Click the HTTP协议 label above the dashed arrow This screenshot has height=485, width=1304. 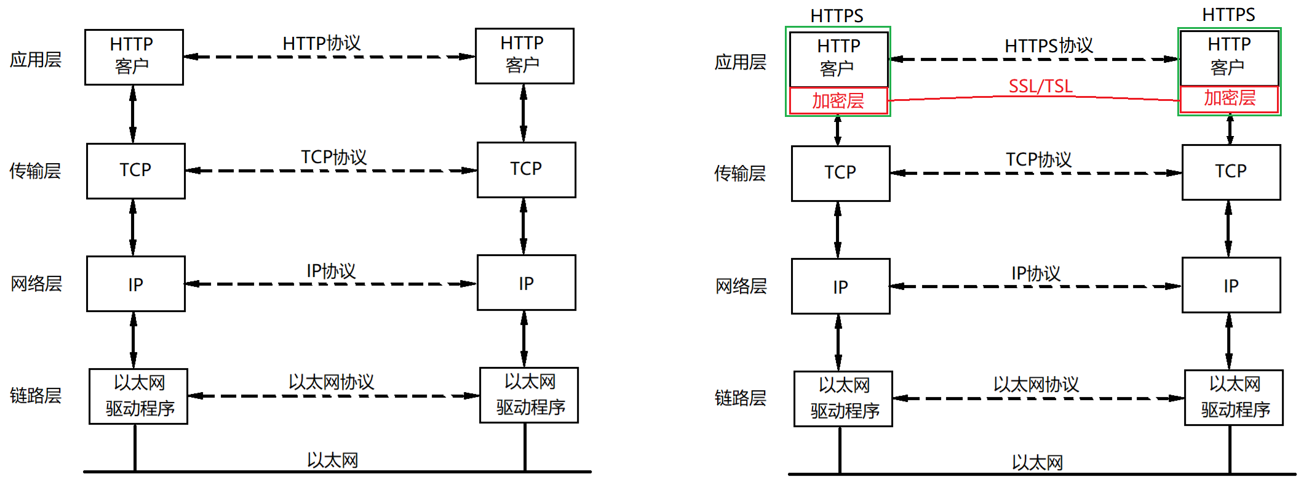click(x=322, y=43)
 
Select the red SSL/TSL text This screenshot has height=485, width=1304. click(x=1040, y=86)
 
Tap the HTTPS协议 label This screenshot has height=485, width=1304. click(x=1049, y=46)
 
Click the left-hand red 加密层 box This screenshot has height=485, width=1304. click(x=838, y=101)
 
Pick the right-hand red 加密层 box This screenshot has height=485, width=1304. click(x=1230, y=98)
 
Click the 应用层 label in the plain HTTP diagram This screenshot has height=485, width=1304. click(x=36, y=60)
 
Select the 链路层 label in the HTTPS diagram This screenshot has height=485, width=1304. click(x=741, y=398)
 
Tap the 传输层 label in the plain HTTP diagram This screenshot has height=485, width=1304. click(x=36, y=171)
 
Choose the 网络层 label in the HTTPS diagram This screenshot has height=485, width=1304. click(x=741, y=286)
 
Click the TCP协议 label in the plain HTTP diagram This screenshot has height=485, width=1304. click(x=333, y=158)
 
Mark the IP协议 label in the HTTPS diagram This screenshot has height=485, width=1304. click(x=1036, y=273)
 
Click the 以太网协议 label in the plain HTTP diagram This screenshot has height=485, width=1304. click(x=331, y=382)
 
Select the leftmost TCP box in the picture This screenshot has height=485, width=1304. click(x=135, y=170)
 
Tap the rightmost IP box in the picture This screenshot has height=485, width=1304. click(x=1231, y=286)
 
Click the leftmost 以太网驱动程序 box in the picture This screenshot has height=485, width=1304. click(x=138, y=396)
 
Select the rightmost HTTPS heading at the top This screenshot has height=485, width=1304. click(x=1228, y=15)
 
